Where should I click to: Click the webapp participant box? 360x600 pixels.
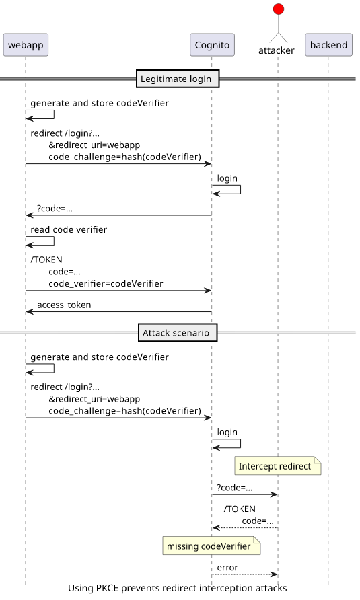[26, 45]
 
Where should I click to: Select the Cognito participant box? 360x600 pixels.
[212, 45]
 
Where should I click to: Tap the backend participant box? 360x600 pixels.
[328, 45]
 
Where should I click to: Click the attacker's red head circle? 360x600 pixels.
[279, 9]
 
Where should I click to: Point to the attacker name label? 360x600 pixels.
[276, 50]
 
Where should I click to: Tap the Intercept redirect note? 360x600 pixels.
[278, 465]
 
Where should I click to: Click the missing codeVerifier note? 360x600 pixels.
[211, 546]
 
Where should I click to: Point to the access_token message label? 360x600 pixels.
[64, 305]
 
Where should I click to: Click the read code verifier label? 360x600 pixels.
[69, 229]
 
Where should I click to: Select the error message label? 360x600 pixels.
[227, 568]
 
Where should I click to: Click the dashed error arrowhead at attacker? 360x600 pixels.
[275, 574]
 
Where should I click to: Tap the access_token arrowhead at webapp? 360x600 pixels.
[29, 312]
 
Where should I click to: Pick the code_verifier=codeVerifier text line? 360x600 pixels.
[106, 284]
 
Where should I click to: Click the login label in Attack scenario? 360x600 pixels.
[227, 433]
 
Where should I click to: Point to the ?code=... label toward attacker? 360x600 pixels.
[235, 488]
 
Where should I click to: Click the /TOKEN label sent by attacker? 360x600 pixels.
[240, 509]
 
